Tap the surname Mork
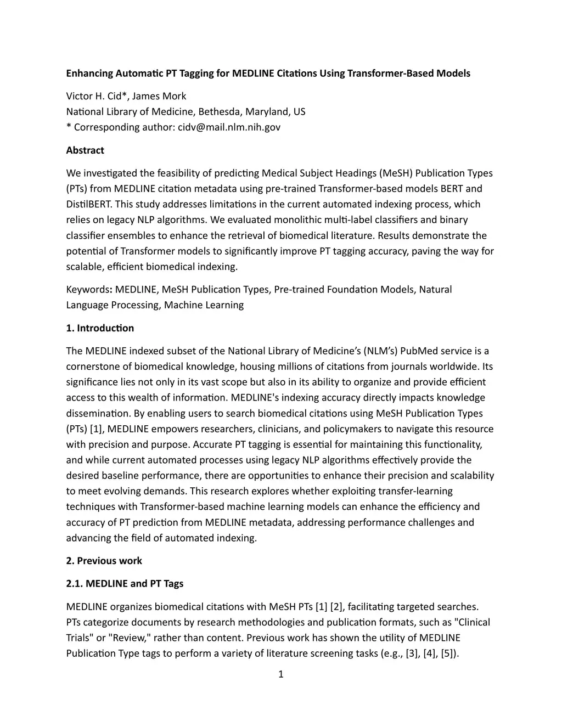point(175,97)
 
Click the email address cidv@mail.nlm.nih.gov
point(229,127)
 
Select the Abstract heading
point(85,150)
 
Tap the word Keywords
point(88,290)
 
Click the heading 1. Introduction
point(100,328)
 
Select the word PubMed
point(420,351)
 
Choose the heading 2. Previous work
point(104,561)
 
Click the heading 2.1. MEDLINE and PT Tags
point(125,584)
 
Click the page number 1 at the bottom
point(281,674)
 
